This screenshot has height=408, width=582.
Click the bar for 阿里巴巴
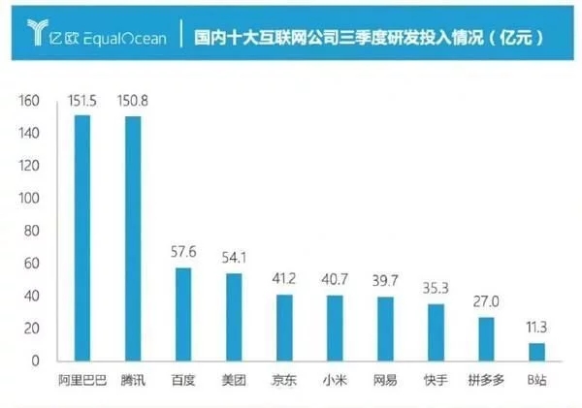(82, 237)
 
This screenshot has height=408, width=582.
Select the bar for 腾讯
(133, 238)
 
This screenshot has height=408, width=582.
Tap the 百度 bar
(183, 314)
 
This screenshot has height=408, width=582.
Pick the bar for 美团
(234, 317)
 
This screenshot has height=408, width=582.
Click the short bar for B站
(536, 352)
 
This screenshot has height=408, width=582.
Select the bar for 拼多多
(486, 339)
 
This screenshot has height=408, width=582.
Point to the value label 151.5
(82, 101)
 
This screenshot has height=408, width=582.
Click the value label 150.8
(133, 101)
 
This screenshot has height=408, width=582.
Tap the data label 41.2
(284, 280)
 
